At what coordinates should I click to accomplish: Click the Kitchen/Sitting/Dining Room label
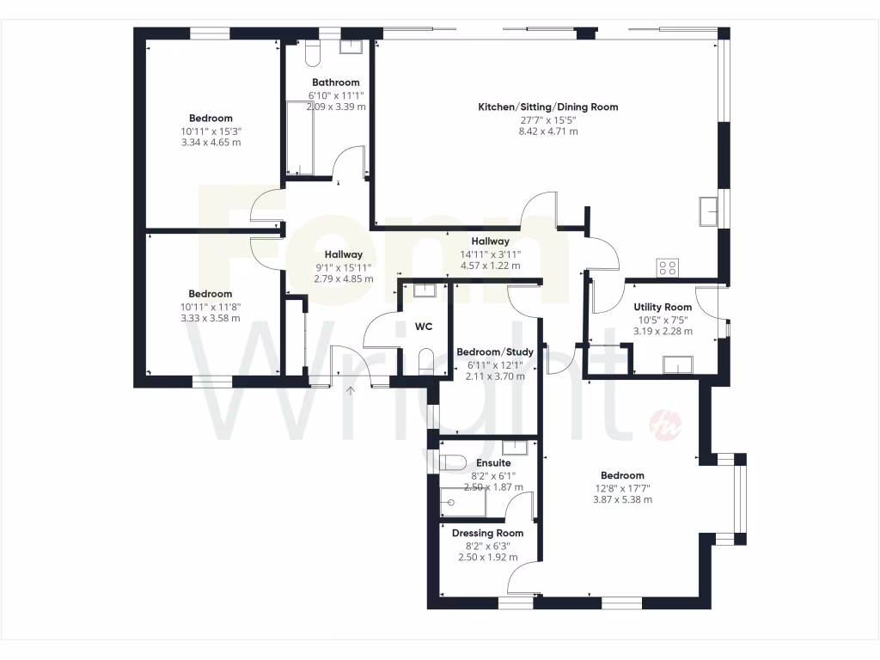[x=548, y=107]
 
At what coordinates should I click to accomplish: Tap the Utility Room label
[x=663, y=308]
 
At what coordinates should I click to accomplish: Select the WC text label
[x=423, y=327]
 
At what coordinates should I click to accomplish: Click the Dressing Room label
[x=485, y=533]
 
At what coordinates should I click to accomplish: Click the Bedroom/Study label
[x=495, y=352]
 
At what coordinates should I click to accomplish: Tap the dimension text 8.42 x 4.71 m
[x=548, y=131]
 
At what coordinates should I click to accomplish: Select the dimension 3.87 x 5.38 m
[x=622, y=499]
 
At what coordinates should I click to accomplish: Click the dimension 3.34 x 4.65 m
[x=211, y=142]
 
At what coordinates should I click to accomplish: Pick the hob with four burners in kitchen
[x=668, y=267]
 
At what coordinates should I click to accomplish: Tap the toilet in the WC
[x=426, y=361]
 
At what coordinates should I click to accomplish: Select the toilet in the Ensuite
[x=453, y=462]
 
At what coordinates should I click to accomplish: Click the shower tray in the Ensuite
[x=462, y=502]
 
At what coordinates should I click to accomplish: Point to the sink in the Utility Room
[x=678, y=365]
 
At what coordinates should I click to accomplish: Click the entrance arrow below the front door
[x=351, y=392]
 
